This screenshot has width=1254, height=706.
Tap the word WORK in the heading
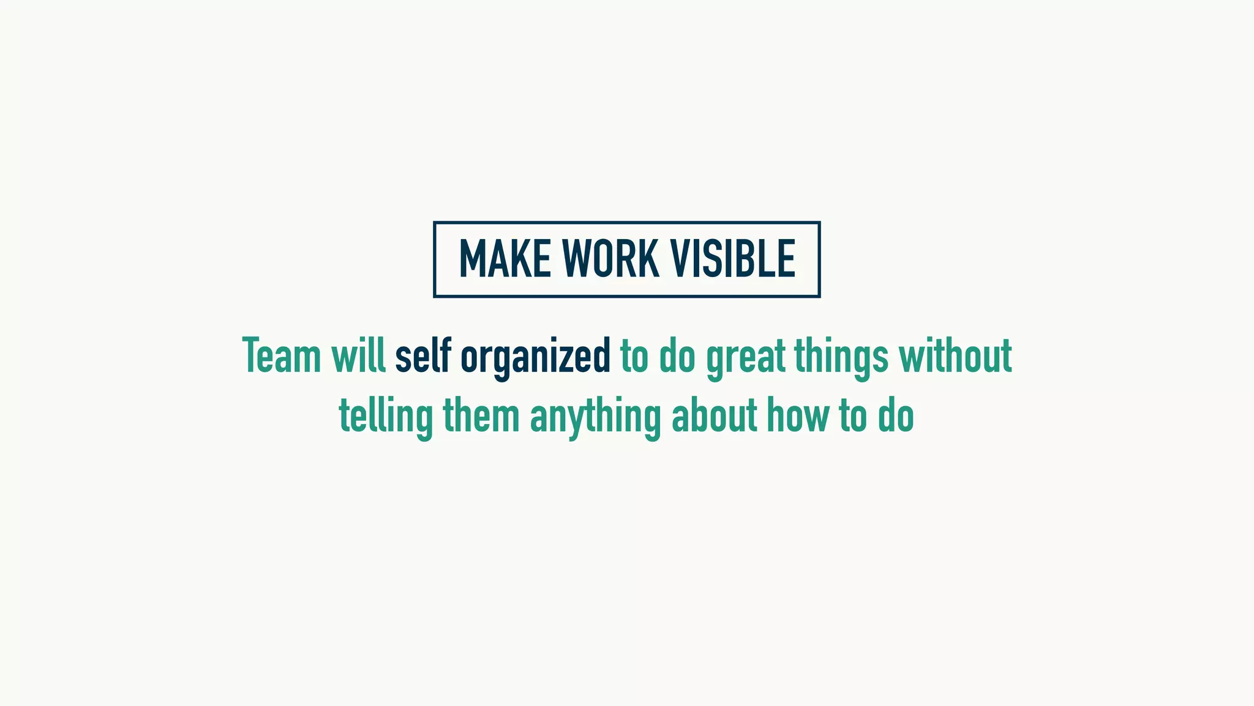(611, 259)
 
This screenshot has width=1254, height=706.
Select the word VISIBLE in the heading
(733, 259)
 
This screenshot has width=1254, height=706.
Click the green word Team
(282, 355)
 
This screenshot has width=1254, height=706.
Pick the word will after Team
(358, 355)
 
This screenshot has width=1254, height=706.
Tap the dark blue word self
(422, 355)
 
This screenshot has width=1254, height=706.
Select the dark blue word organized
(535, 357)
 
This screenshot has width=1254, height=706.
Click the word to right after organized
(634, 357)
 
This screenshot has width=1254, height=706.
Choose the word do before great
(677, 357)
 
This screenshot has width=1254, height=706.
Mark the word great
(745, 357)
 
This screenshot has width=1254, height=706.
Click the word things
(841, 357)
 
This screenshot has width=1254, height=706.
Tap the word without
(955, 355)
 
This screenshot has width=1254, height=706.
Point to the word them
(481, 416)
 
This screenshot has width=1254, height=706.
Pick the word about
(714, 416)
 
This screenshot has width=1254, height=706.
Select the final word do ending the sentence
(896, 416)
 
